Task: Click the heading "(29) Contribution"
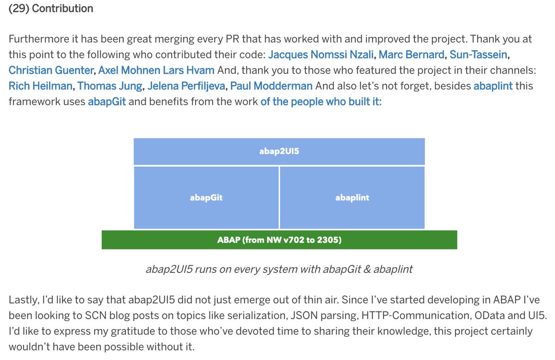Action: pyautogui.click(x=51, y=8)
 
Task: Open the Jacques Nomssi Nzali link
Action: pyautogui.click(x=322, y=55)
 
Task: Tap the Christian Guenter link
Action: pyautogui.click(x=51, y=70)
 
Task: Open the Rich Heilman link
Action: pyautogui.click(x=40, y=86)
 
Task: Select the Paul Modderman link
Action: pyautogui.click(x=271, y=86)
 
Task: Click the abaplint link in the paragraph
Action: pyautogui.click(x=493, y=86)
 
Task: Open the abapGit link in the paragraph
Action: pyautogui.click(x=106, y=101)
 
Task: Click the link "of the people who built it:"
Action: pyautogui.click(x=321, y=101)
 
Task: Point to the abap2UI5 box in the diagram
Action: pyautogui.click(x=279, y=151)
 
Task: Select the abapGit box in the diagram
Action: pyautogui.click(x=206, y=198)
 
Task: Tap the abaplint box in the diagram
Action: pyautogui.click(x=352, y=198)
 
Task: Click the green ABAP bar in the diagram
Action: pyautogui.click(x=279, y=240)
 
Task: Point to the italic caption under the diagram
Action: pyautogui.click(x=279, y=269)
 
